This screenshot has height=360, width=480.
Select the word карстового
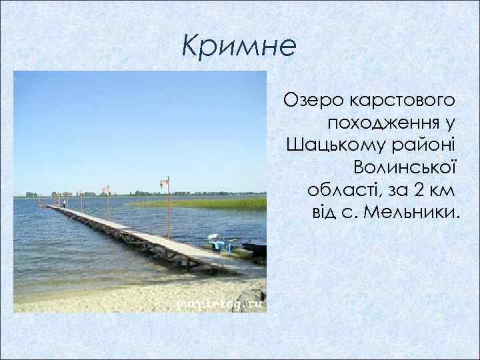pos(398,101)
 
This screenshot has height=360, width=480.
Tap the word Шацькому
pos(328,145)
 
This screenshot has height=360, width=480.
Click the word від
pos(325,212)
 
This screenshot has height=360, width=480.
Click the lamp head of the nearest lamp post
pos(163,181)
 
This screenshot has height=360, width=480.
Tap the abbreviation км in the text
pos(443,189)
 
